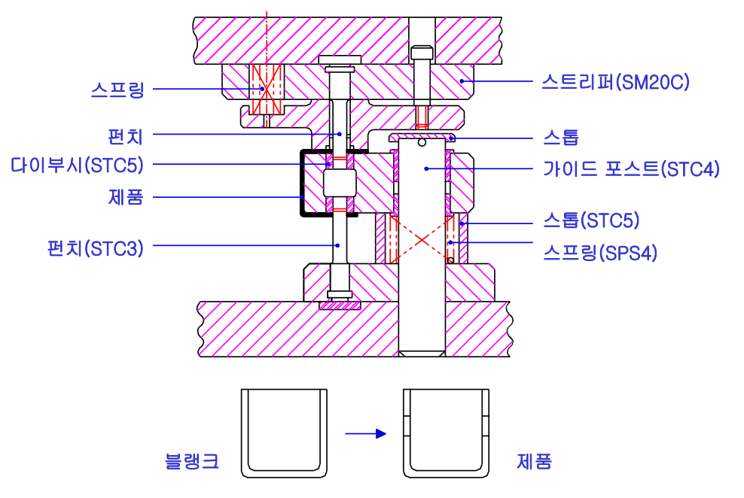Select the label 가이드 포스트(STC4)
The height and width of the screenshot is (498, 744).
point(630,169)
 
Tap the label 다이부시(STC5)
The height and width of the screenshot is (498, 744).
point(77,165)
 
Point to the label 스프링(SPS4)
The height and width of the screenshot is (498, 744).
point(599,253)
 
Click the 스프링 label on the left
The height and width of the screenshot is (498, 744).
point(117,90)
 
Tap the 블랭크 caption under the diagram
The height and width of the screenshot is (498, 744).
point(192,460)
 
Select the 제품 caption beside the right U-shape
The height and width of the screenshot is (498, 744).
point(534,460)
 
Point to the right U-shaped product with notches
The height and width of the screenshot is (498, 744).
point(447,433)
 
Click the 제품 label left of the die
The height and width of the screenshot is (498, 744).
point(126,198)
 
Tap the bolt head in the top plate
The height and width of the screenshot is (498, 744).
point(422,53)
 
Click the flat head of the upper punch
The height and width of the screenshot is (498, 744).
point(340,60)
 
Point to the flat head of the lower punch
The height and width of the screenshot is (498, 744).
point(340,294)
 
